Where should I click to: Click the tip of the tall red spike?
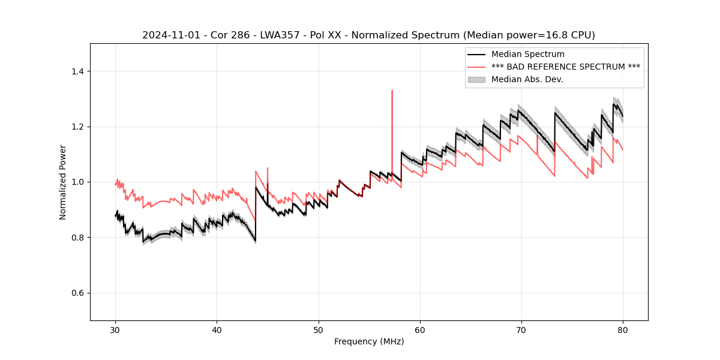[x=392, y=91]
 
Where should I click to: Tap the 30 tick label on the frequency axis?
[x=115, y=329]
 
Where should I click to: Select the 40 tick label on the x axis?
[x=217, y=329]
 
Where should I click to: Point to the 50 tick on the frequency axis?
[x=319, y=329]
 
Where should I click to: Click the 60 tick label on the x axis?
[x=420, y=329]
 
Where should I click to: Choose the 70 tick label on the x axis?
[x=521, y=329]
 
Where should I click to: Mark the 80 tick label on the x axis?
[x=623, y=329]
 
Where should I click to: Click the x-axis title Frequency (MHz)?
[x=369, y=341]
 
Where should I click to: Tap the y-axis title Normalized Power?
[x=63, y=182]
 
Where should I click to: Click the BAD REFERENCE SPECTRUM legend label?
[x=565, y=67]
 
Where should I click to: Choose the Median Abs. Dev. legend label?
[x=527, y=79]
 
